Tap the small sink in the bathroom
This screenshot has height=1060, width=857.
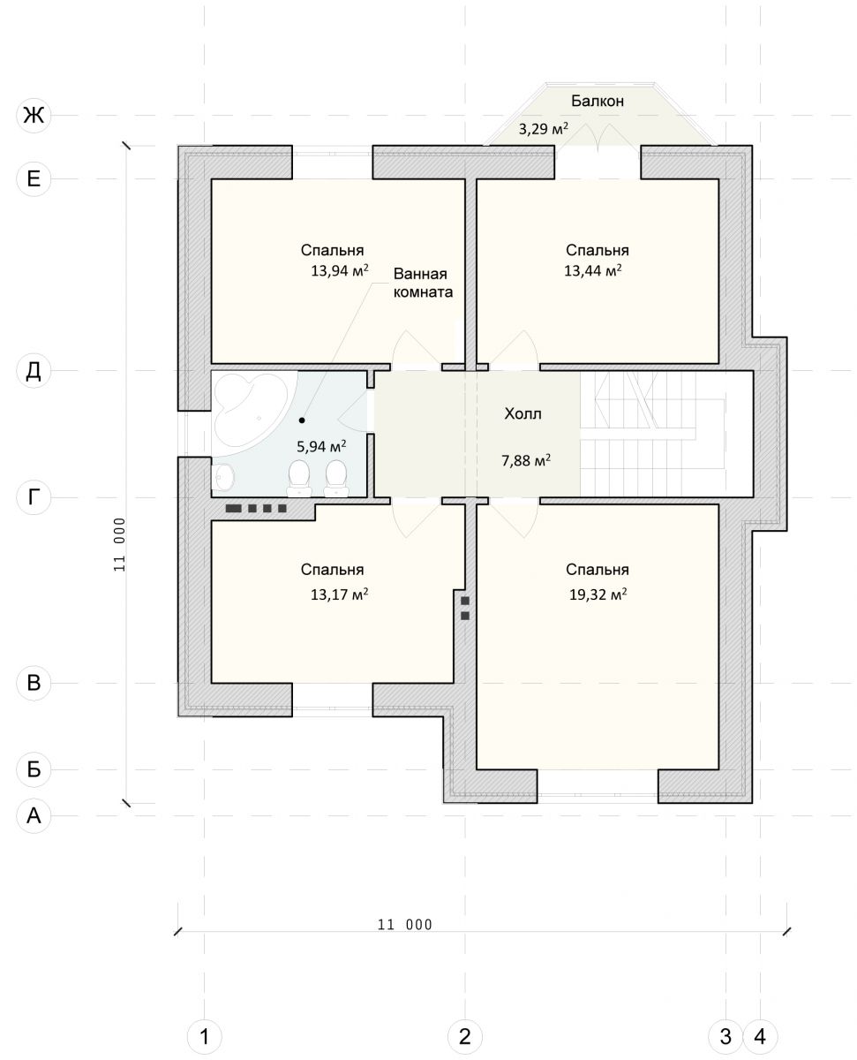[x=222, y=477]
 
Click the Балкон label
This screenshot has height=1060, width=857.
[x=597, y=101]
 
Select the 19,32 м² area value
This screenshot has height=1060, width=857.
[x=598, y=594]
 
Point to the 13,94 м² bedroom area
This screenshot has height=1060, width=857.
[x=340, y=270]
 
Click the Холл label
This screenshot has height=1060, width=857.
[x=522, y=413]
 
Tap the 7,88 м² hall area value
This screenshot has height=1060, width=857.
[x=526, y=460]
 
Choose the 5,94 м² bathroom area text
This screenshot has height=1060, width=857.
[x=321, y=446]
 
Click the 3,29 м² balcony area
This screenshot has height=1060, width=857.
[x=544, y=129]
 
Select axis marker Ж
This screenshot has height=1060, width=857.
[x=34, y=116]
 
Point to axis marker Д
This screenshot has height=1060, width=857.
[x=34, y=371]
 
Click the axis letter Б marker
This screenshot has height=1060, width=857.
[x=34, y=769]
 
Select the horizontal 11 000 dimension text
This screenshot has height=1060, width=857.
[x=404, y=924]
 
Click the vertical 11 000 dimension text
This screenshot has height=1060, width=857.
[x=120, y=544]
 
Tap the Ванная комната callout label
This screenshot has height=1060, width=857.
[x=423, y=283]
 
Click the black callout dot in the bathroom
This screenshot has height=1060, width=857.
[x=302, y=420]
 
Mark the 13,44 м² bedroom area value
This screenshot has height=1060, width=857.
[x=592, y=270]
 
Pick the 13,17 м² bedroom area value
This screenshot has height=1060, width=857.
[x=340, y=594]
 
